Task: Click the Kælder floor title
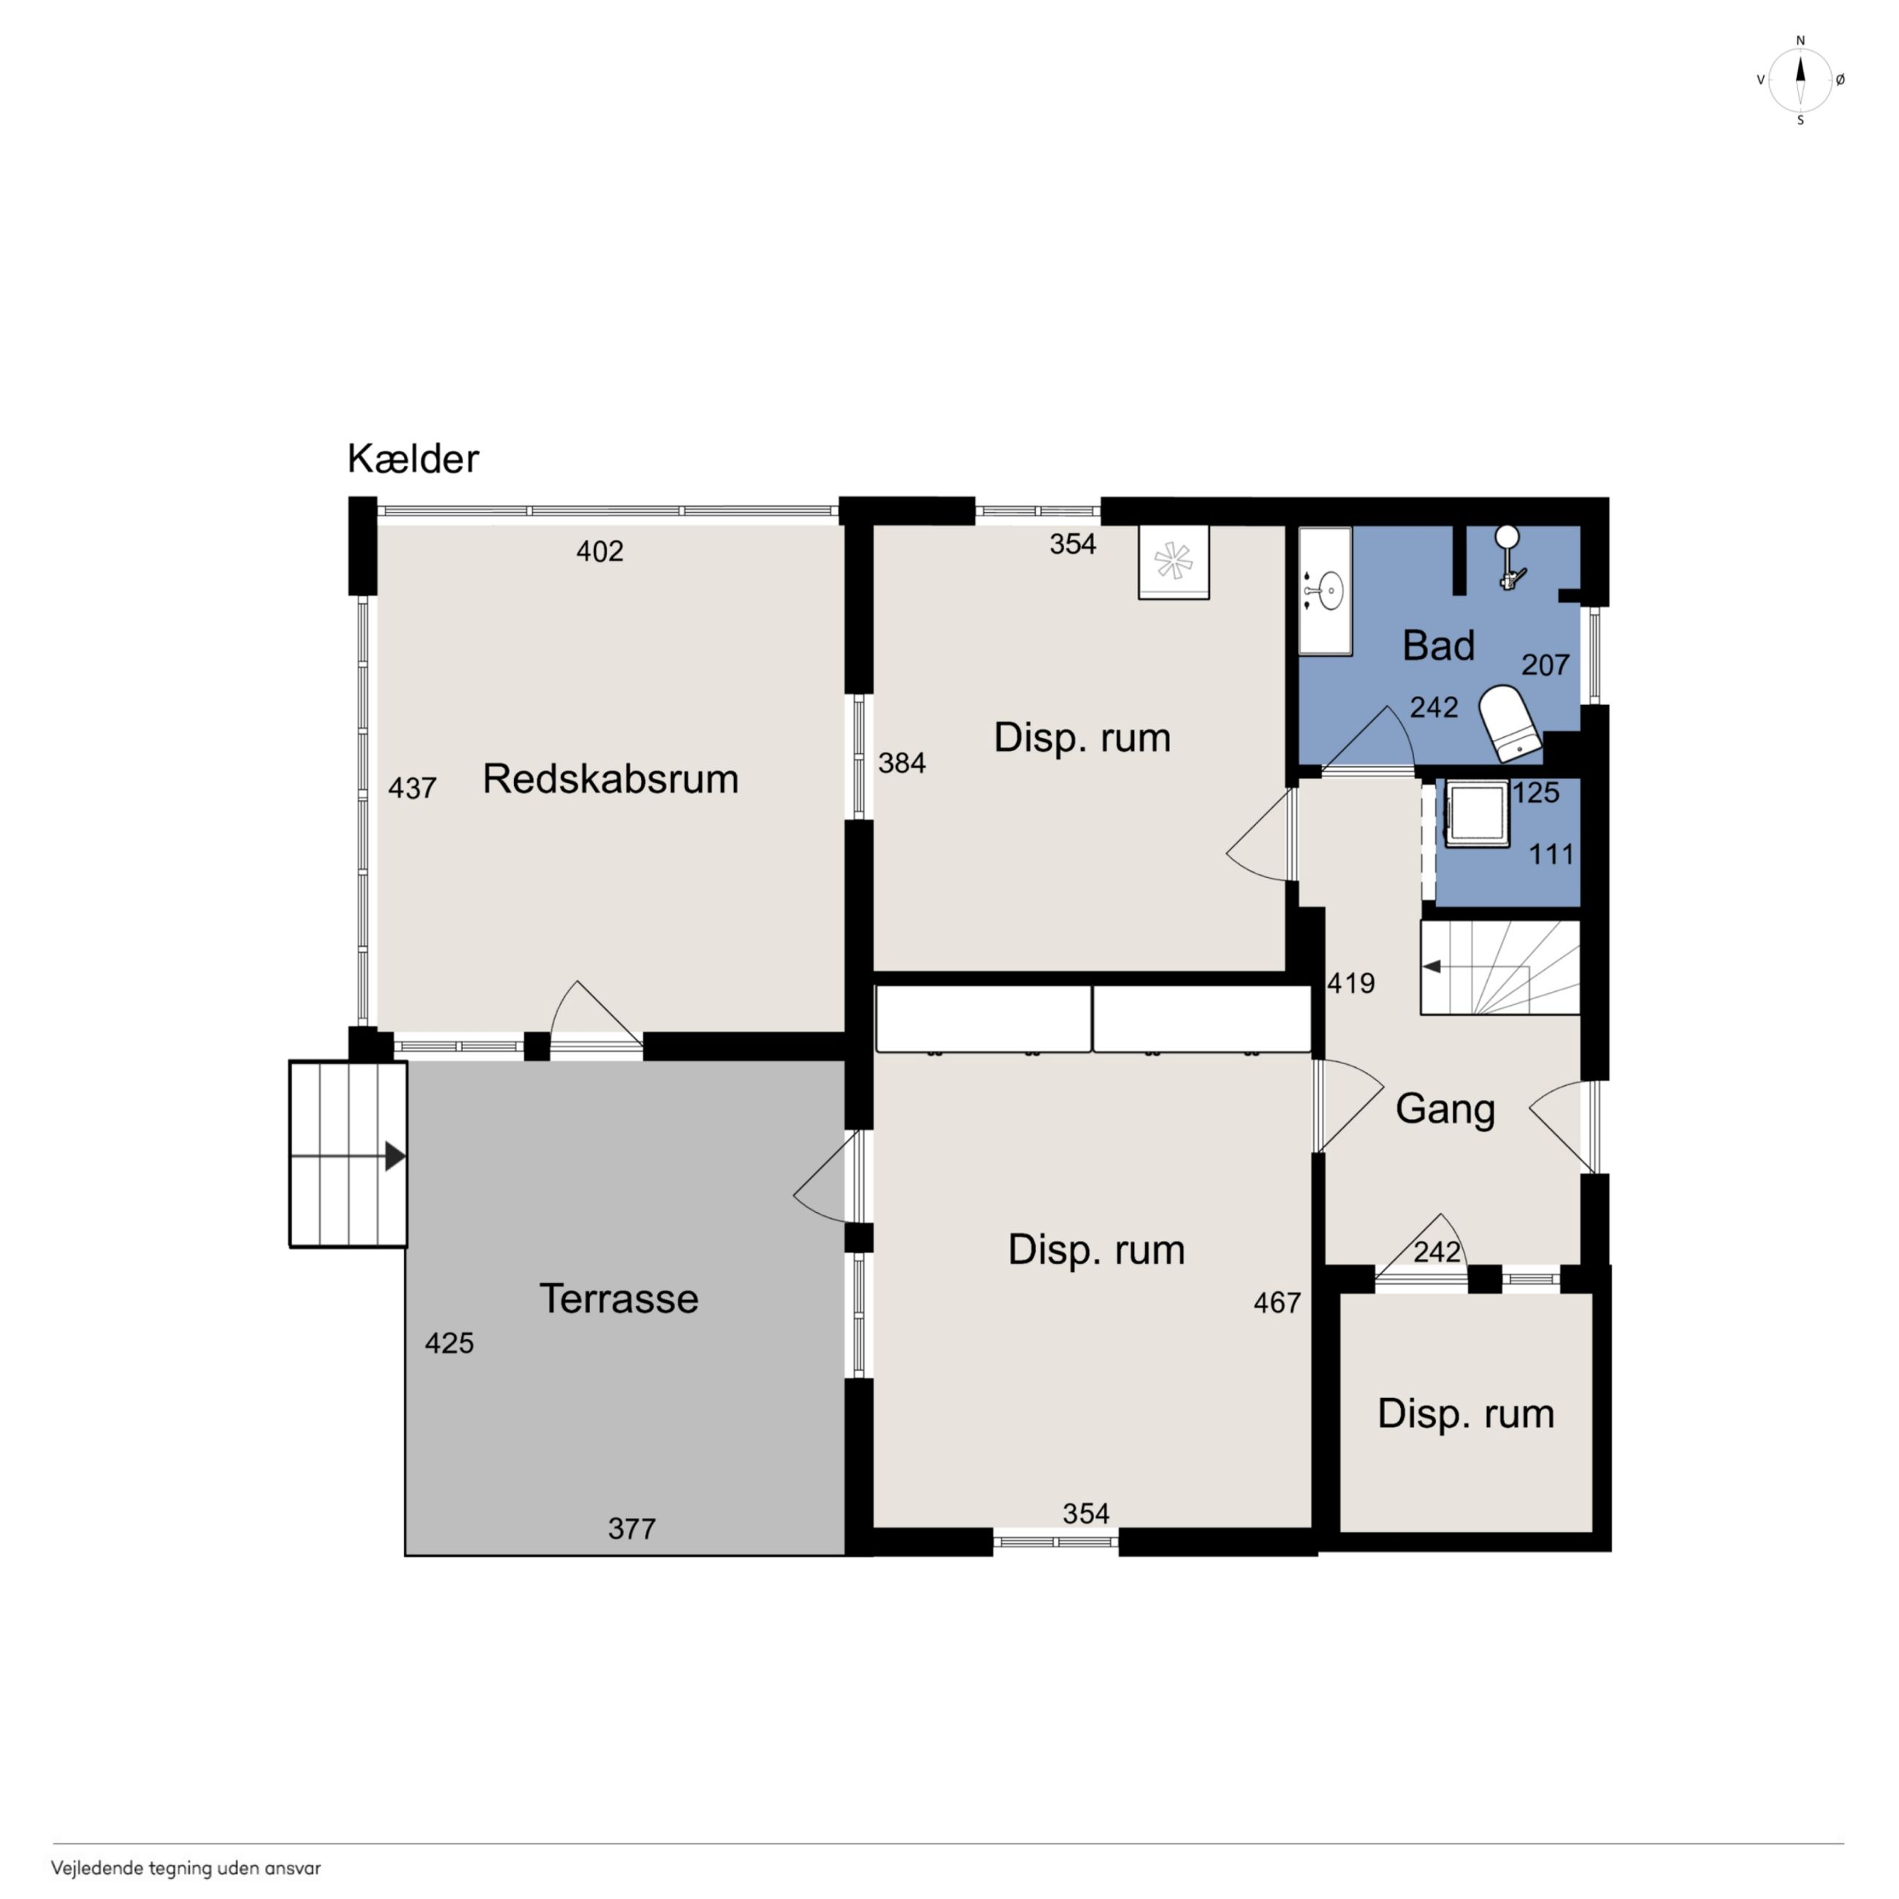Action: (x=413, y=459)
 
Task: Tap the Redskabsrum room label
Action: (x=611, y=779)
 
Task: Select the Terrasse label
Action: (x=618, y=1299)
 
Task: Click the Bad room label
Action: (x=1438, y=646)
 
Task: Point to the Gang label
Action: (x=1445, y=1109)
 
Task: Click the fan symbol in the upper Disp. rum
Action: (x=1172, y=562)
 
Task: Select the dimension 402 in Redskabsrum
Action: (x=600, y=551)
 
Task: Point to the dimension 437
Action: (x=412, y=788)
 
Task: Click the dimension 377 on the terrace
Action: (x=631, y=1529)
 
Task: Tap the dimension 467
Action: (x=1277, y=1302)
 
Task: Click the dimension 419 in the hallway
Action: (x=1350, y=983)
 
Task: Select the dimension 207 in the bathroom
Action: (x=1545, y=665)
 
